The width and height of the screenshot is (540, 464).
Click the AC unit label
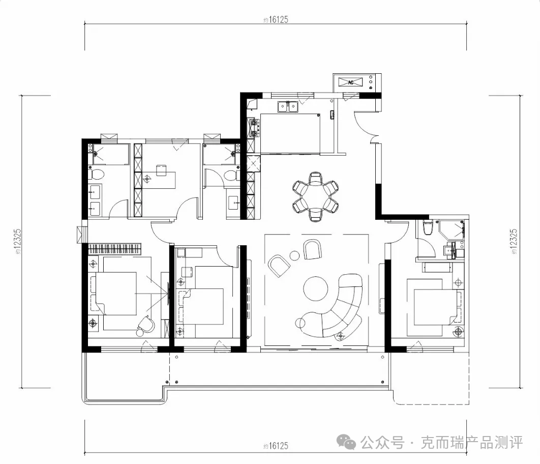coord(350,82)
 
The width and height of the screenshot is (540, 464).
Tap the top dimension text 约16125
coord(276,20)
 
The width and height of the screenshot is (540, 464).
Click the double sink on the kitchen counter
coord(288,106)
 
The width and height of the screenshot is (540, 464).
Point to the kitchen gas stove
coord(254,128)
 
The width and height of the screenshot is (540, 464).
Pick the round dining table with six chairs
coord(315,197)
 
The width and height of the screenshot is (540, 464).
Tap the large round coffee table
coord(315,289)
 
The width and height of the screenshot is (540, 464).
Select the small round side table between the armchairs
coord(294,255)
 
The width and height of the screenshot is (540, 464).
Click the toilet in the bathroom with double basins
coord(96,175)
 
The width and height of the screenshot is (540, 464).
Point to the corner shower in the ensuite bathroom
coord(452,230)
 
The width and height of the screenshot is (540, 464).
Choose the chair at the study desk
coord(161,170)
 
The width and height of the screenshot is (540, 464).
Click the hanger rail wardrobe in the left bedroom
coord(115,249)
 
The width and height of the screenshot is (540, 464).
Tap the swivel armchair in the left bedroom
coord(145,325)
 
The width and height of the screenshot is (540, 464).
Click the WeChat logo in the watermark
coord(346,441)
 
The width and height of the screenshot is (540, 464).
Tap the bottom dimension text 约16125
coord(276,446)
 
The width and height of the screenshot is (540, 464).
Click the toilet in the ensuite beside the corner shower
coord(428,228)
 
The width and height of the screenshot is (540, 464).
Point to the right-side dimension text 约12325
coord(514,242)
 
